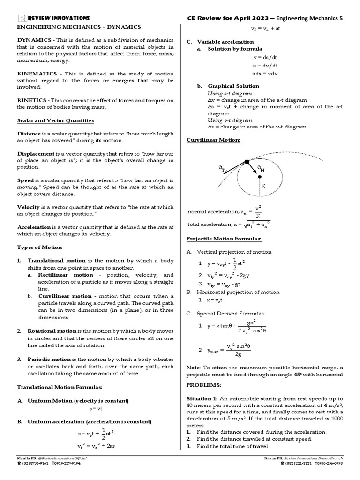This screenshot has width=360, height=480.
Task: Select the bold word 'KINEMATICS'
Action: tap(37, 74)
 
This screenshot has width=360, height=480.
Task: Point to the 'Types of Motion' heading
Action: tap(39, 247)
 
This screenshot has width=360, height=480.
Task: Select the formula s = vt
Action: tap(96, 409)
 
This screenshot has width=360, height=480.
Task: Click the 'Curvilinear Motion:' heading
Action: tap(213, 140)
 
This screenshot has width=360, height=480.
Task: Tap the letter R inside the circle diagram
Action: tap(263, 186)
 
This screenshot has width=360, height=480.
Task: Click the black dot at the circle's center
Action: tap(259, 177)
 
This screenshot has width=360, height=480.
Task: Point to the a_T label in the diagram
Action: tap(221, 168)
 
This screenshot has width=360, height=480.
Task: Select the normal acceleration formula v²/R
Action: tap(258, 211)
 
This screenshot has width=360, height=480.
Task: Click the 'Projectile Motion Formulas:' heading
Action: tap(224, 239)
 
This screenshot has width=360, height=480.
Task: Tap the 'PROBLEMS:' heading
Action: tap(203, 385)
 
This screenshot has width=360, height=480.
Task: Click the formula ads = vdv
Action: tap(265, 74)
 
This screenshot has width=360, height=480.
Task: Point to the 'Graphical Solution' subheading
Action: tap(233, 86)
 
